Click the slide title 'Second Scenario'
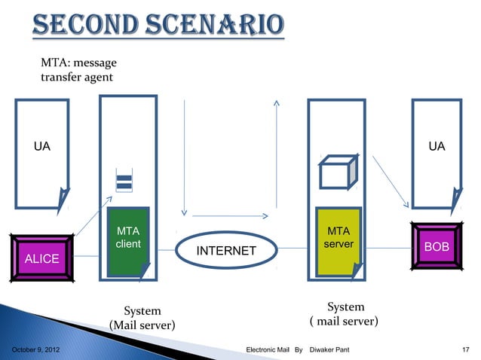tap(158, 28)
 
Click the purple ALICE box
tap(42, 259)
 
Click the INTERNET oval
tap(226, 250)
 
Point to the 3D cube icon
tap(336, 173)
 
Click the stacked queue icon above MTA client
tap(124, 182)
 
